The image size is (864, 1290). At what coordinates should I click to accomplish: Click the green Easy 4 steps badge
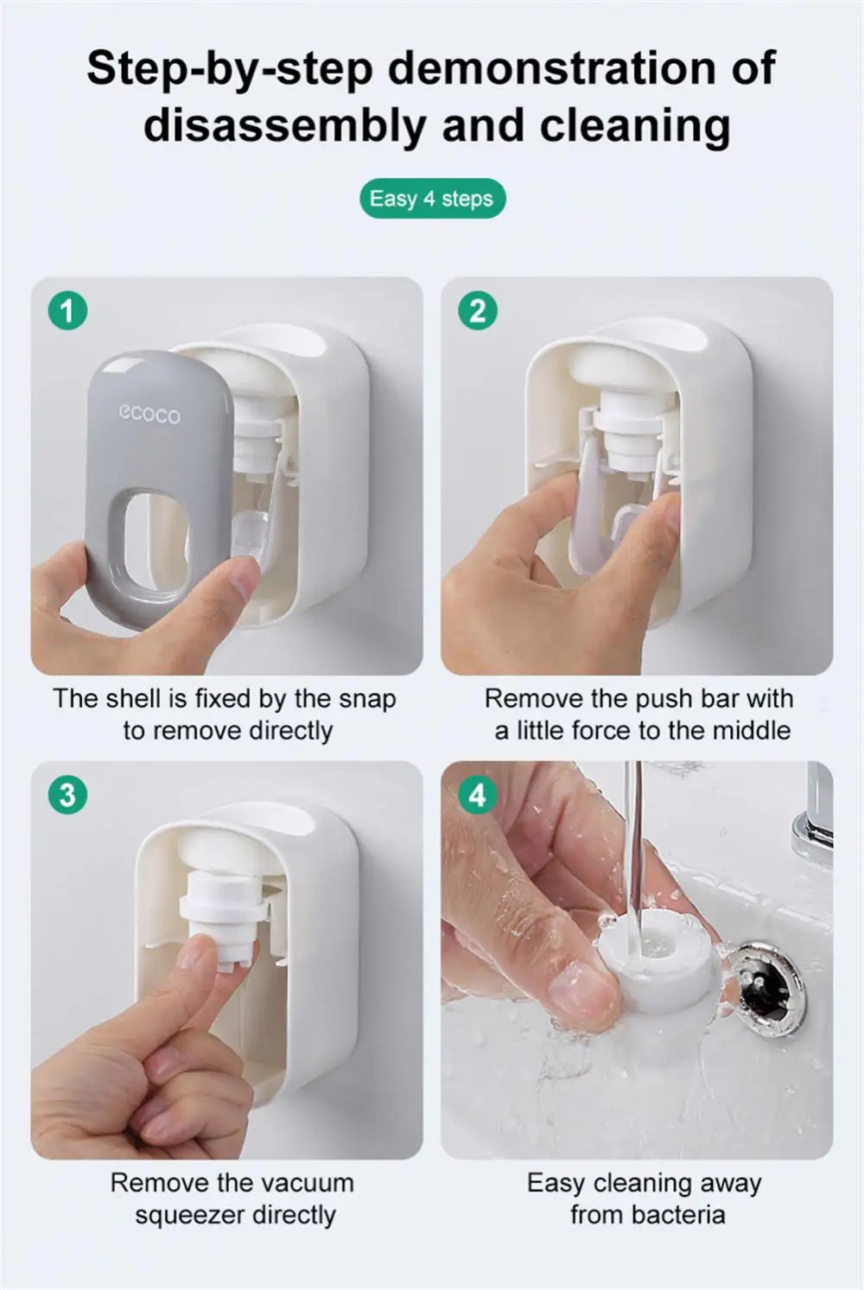pos(432,199)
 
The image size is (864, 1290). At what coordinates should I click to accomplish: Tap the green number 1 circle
pos(68,312)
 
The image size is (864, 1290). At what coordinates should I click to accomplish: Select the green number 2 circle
pos(478,312)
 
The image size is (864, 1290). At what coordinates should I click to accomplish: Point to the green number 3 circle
pos(68,795)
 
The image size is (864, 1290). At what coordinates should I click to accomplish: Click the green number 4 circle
pos(478,795)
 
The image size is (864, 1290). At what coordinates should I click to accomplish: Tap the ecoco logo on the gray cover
pos(149,415)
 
